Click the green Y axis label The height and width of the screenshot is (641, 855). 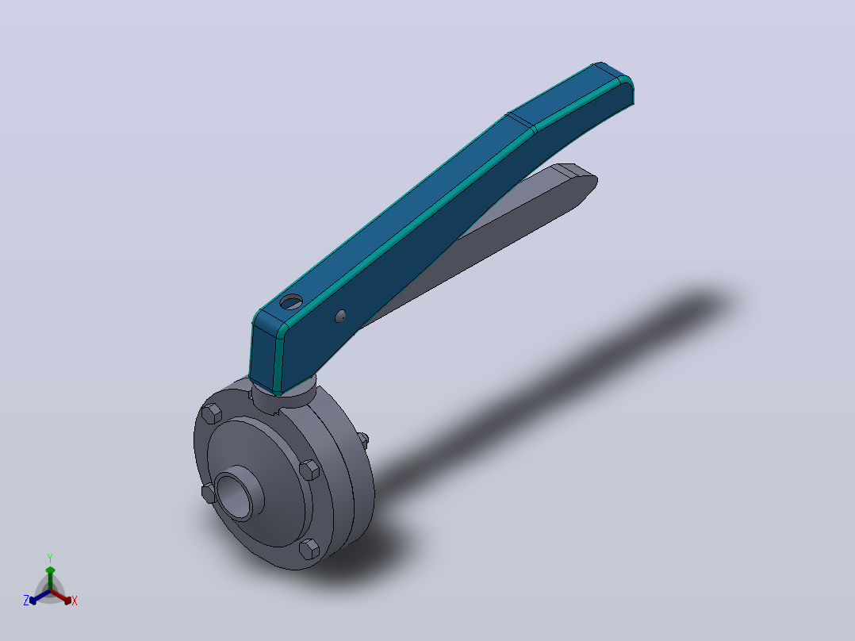(50, 558)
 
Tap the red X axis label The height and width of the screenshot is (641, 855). (75, 601)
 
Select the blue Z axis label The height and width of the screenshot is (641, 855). (25, 601)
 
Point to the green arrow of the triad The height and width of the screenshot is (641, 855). (50, 578)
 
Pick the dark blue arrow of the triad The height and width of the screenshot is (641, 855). (40, 597)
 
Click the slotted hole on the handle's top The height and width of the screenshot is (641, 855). (290, 301)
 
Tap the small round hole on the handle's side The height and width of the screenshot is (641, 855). (340, 316)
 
